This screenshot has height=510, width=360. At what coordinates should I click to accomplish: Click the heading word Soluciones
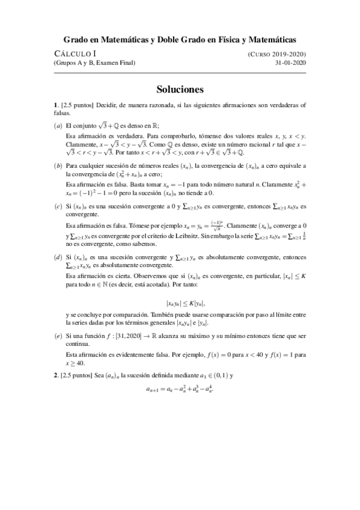180,89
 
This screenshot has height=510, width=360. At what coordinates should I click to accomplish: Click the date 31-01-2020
290,63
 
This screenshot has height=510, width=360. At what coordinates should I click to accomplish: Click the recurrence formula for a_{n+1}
180,389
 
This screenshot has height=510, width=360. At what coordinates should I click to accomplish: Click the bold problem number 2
55,375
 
